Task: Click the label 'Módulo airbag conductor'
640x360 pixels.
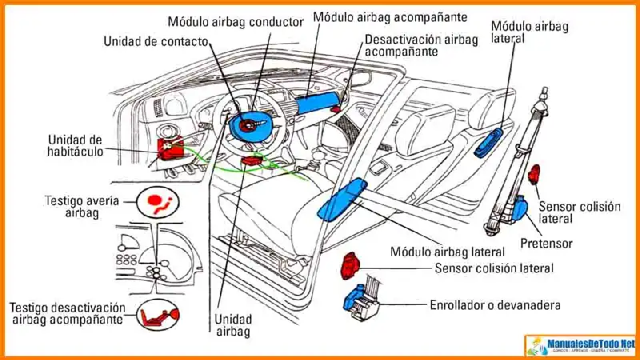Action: tap(235, 22)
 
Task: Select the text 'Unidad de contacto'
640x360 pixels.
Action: tap(157, 41)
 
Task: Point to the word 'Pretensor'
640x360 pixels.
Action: tap(546, 242)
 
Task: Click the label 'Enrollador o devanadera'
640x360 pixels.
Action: tap(494, 306)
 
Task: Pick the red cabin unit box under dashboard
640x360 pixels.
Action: tap(172, 147)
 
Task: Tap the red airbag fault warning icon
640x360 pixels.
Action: tap(158, 199)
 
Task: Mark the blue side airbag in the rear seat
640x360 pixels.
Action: tap(487, 141)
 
